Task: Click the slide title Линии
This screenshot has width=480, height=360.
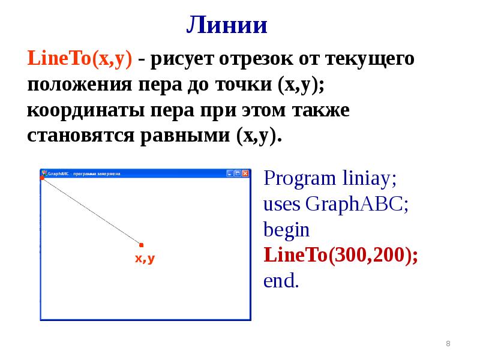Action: pyautogui.click(x=226, y=25)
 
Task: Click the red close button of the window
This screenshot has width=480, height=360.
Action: pyautogui.click(x=245, y=173)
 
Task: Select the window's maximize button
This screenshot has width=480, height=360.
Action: pyautogui.click(x=238, y=173)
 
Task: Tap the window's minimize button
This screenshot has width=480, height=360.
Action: pyautogui.click(x=230, y=173)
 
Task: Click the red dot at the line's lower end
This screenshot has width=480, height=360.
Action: pyautogui.click(x=142, y=245)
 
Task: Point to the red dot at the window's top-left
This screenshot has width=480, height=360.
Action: pyautogui.click(x=42, y=178)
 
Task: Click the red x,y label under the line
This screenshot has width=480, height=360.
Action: pyautogui.click(x=145, y=259)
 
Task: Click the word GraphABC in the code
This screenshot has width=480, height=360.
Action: pyautogui.click(x=358, y=204)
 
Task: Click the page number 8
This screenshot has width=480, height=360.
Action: pyautogui.click(x=448, y=343)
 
